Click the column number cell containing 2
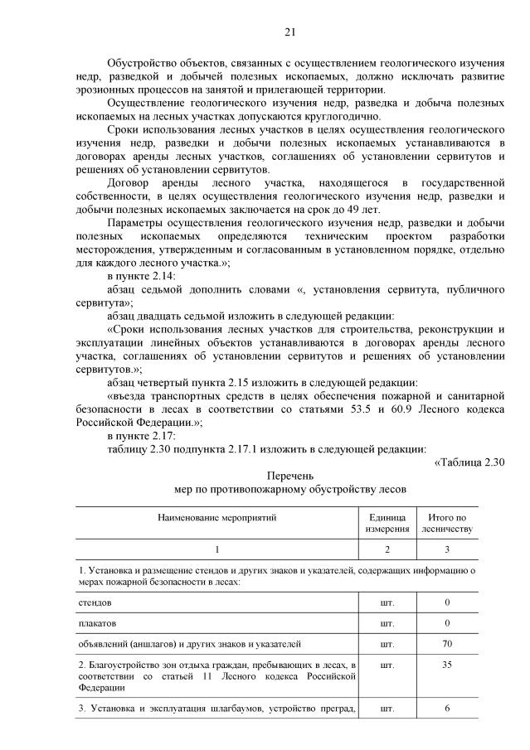tap(387, 549)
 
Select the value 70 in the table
tap(446, 642)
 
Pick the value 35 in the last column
tap(446, 664)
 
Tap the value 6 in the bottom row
tap(446, 707)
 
